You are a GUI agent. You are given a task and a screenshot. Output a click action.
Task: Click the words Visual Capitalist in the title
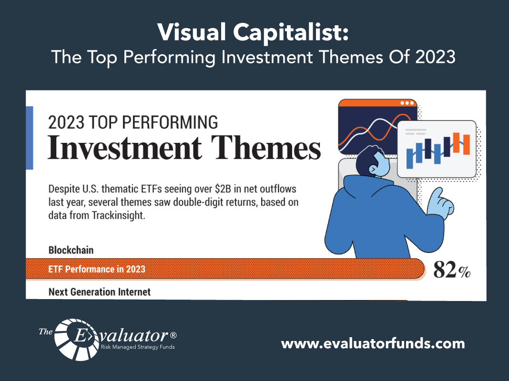[x=253, y=32]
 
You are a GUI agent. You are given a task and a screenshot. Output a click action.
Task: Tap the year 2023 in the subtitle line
[x=435, y=57]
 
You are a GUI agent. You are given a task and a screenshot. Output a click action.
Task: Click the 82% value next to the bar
[x=452, y=270]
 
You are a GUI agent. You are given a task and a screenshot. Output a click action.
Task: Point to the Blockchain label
[x=71, y=250]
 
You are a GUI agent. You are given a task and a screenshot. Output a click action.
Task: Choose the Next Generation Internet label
[x=99, y=292]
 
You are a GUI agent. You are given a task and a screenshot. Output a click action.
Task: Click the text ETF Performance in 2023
[x=97, y=269]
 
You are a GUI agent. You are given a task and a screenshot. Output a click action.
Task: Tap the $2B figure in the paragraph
[x=223, y=189]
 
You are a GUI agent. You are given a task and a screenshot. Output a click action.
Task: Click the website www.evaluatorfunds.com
[x=373, y=343]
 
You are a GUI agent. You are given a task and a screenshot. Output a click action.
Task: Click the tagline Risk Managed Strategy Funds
[x=138, y=347]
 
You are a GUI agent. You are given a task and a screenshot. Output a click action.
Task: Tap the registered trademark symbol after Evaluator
[x=173, y=335]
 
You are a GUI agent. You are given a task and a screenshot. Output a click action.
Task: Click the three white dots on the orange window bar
[x=407, y=103]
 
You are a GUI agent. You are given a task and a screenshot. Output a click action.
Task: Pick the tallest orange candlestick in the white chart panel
[x=457, y=143]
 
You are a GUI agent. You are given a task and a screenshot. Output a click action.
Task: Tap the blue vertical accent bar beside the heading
[x=30, y=138]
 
